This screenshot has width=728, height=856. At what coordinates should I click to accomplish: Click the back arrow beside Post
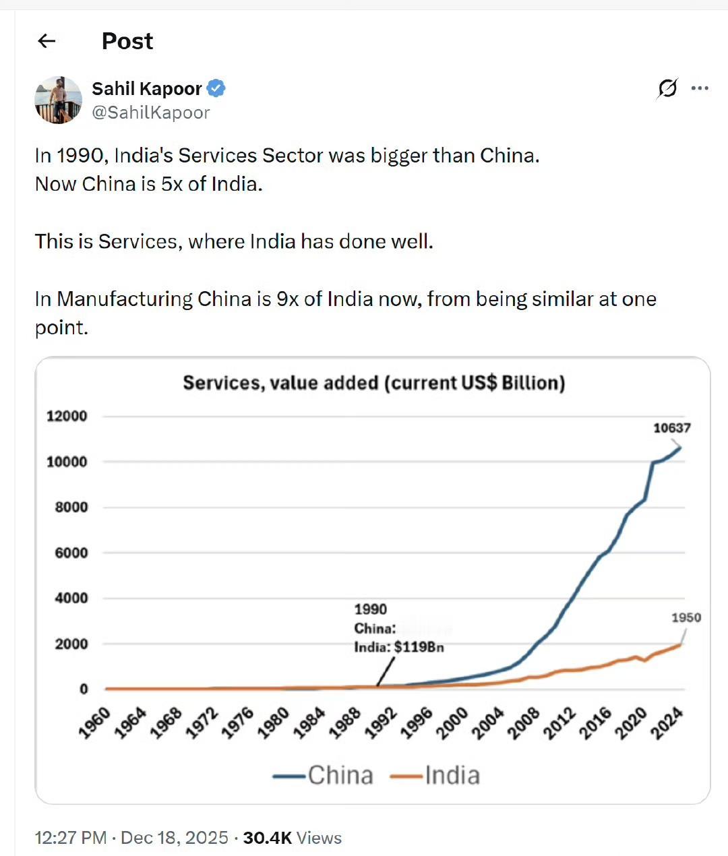[x=47, y=41]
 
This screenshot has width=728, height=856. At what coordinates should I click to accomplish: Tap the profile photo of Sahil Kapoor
[x=58, y=100]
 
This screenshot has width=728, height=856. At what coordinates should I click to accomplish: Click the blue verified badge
[x=216, y=88]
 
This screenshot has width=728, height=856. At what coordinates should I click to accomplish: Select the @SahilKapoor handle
[x=150, y=113]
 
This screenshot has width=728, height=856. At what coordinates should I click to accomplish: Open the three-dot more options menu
[x=700, y=88]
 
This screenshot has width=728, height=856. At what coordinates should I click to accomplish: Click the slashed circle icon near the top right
[x=667, y=88]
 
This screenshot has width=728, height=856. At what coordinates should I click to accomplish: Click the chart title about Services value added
[x=373, y=383]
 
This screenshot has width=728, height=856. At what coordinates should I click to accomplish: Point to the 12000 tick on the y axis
[x=67, y=416]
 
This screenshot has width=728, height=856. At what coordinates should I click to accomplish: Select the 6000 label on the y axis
[x=71, y=553]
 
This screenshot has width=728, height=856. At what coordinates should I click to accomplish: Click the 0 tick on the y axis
[x=84, y=689]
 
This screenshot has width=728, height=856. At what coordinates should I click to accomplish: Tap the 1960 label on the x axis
[x=94, y=723]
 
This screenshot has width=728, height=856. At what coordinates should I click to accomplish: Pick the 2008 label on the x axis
[x=524, y=723]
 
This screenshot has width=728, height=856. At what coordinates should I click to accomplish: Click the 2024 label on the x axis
[x=667, y=723]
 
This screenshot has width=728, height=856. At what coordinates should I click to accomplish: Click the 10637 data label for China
[x=671, y=428]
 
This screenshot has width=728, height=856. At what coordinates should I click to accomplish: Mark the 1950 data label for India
[x=686, y=617]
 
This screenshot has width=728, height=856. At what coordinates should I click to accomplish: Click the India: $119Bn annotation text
[x=398, y=647]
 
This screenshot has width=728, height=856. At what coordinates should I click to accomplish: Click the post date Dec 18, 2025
[x=175, y=838]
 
